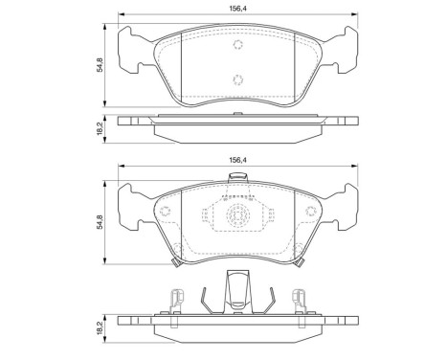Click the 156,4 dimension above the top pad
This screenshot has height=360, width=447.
(239, 8)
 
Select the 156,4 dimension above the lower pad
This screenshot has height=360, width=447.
(239, 162)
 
